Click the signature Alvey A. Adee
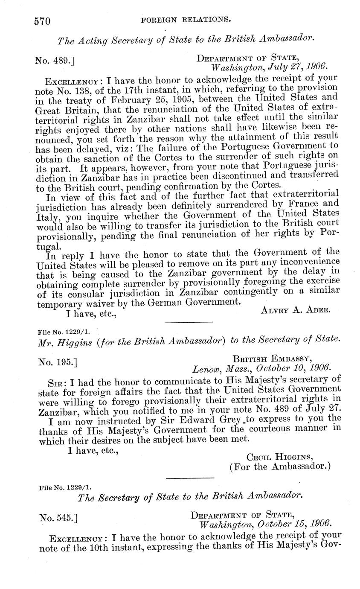(295, 310)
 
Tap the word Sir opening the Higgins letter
(56, 380)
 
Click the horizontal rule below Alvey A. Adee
(188, 322)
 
